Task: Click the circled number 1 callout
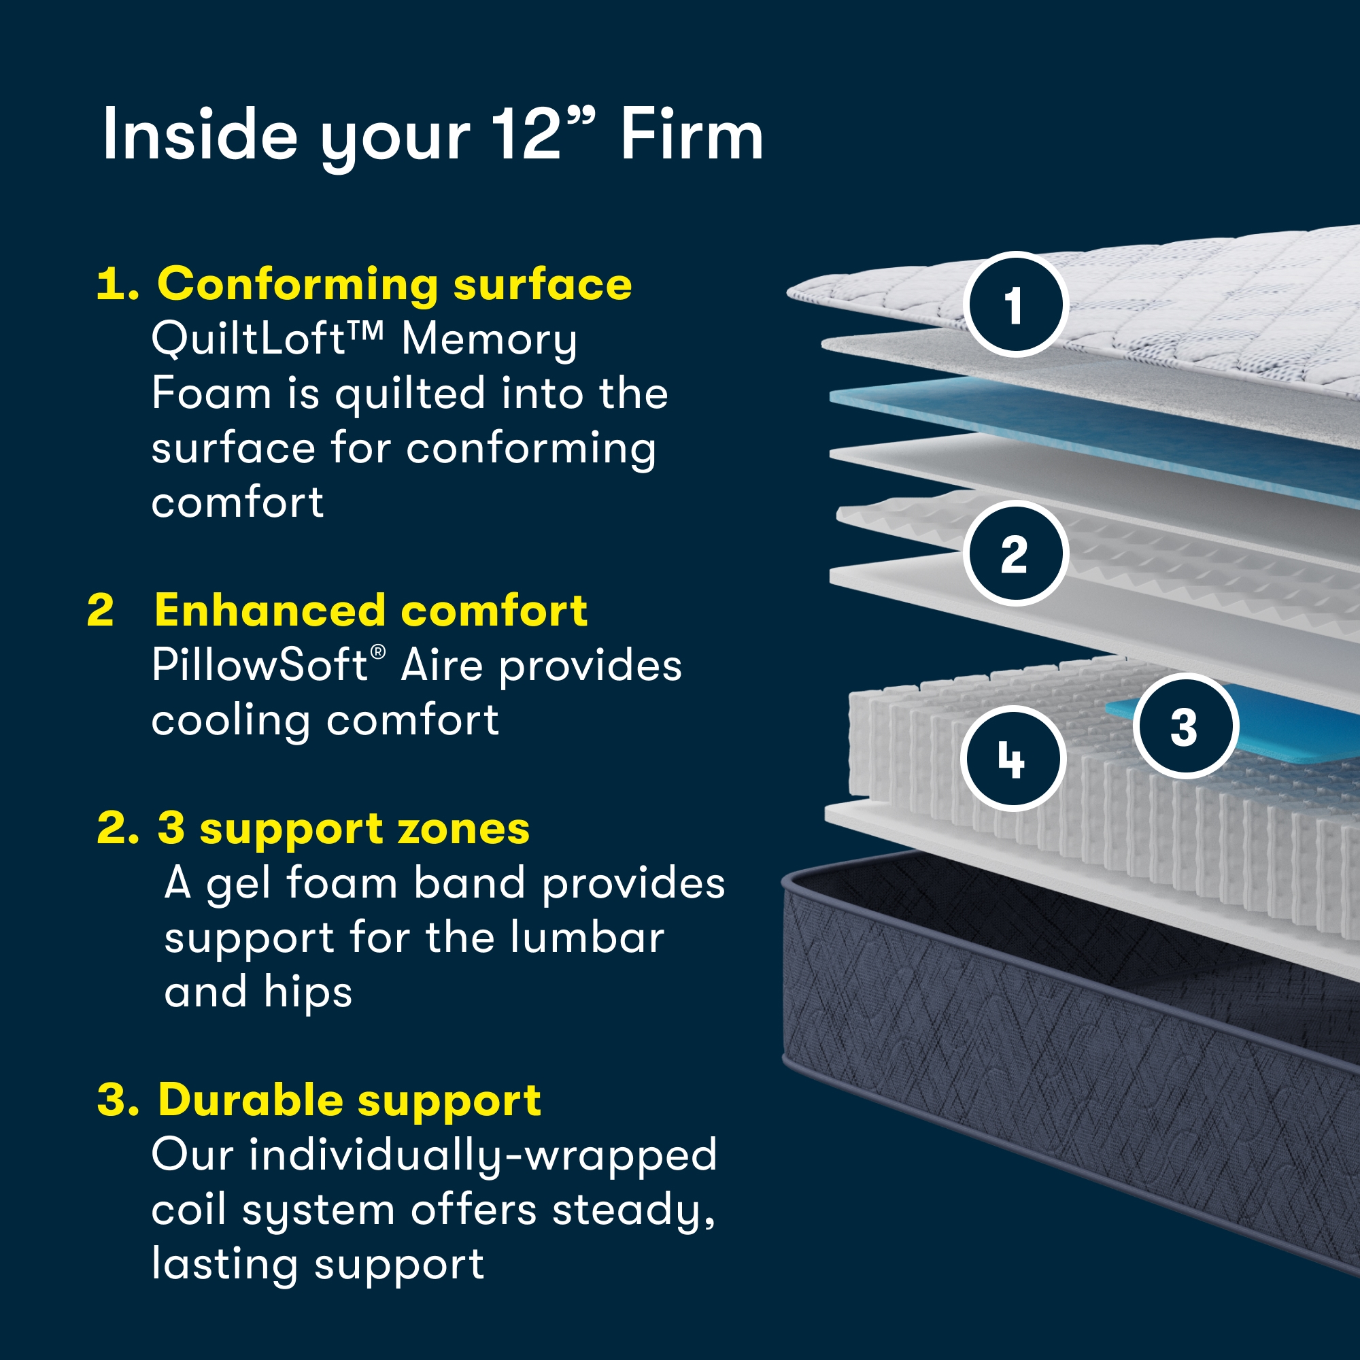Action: tap(1015, 304)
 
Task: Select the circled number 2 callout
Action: tap(1015, 554)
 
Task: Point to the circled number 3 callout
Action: tap(1185, 726)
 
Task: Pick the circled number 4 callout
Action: tap(1013, 758)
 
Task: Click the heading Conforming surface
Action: tap(394, 284)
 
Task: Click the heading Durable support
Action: tap(349, 1100)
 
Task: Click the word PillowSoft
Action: tap(259, 665)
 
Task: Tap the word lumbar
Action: tap(586, 938)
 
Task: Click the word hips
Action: tap(307, 992)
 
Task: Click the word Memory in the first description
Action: tap(489, 339)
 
